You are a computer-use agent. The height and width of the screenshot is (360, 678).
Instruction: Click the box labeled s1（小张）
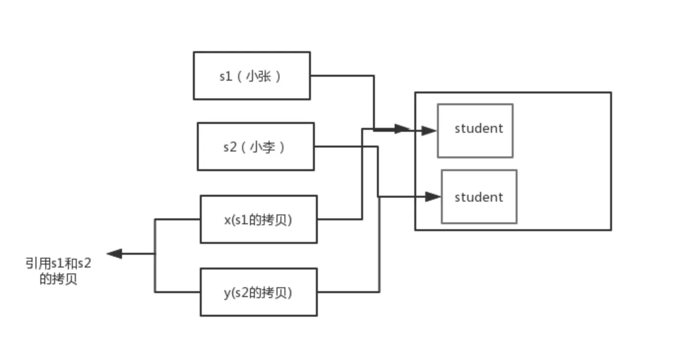(x=251, y=76)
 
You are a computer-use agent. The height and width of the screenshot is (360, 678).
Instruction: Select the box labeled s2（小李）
(x=255, y=147)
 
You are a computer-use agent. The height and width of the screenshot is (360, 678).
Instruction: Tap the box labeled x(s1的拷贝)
(x=258, y=219)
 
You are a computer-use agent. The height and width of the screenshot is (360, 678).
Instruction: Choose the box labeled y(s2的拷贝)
(x=258, y=292)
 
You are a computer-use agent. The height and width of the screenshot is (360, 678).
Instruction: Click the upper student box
(x=475, y=131)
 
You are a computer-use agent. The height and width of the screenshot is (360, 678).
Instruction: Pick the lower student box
(x=479, y=197)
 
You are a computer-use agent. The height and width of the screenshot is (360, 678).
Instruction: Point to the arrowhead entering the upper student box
(x=430, y=130)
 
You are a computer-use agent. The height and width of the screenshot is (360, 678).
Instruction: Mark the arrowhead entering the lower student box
(x=433, y=197)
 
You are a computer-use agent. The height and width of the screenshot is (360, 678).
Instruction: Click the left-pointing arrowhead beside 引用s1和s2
(x=114, y=254)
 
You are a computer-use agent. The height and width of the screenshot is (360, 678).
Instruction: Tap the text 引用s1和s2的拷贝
(x=59, y=271)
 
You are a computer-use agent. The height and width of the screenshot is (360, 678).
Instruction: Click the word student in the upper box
(x=479, y=129)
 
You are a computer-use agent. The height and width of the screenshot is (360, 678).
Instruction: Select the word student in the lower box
(x=479, y=197)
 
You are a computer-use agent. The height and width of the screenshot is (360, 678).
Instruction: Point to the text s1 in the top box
(x=226, y=77)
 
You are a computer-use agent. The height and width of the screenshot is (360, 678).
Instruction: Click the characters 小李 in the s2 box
(x=262, y=147)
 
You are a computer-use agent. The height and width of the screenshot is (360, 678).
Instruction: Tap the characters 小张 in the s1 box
(x=258, y=76)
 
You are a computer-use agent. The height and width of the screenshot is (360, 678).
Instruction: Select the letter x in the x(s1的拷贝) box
(x=227, y=220)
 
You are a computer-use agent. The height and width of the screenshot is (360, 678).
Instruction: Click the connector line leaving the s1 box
(x=342, y=76)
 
